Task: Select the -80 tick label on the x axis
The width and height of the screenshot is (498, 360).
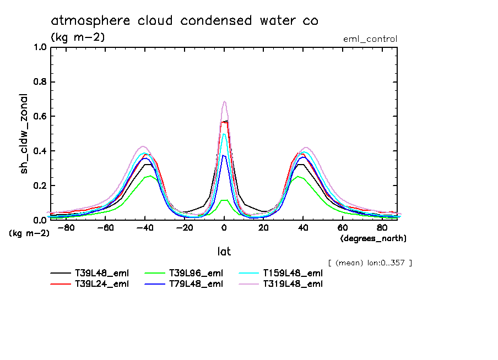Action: pos(66,227)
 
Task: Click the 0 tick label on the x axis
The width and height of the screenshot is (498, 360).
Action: pos(224,227)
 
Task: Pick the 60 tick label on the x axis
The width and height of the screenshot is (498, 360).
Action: pos(342,227)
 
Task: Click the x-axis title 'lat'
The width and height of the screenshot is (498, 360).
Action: pos(224,252)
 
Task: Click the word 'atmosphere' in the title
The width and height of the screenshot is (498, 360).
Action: pos(86,21)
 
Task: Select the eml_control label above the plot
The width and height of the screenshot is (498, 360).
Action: pos(370,39)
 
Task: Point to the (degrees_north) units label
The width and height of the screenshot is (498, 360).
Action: pos(373,238)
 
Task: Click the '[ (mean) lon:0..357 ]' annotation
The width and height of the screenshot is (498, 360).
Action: pos(370,263)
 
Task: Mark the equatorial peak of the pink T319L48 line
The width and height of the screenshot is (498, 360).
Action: pos(224,101)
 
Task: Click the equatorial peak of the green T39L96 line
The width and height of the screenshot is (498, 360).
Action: pos(224,200)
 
